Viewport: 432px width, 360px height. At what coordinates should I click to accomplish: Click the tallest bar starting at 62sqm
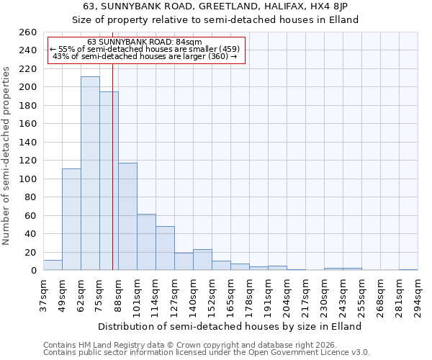click(90, 173)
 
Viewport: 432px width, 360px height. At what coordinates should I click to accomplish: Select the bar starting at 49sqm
click(71, 220)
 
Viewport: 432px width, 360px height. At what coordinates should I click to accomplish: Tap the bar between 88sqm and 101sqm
click(127, 216)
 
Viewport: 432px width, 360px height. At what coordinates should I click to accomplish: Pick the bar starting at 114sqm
click(165, 248)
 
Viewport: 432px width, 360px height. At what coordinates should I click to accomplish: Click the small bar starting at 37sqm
click(53, 266)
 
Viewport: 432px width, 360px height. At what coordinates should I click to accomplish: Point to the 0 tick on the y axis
click(33, 271)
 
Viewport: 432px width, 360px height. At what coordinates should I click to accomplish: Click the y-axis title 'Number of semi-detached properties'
click(6, 155)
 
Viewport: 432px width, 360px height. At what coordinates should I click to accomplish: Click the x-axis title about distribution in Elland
click(230, 326)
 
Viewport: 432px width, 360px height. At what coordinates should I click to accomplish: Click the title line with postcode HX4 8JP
click(215, 6)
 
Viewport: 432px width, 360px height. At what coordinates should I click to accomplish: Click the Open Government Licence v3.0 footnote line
click(207, 353)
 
